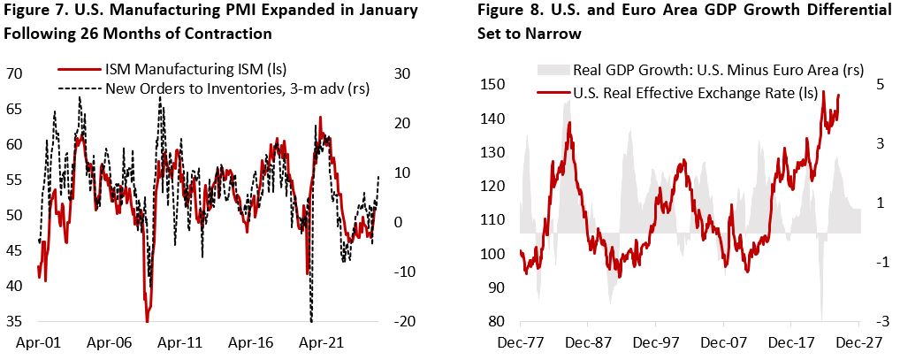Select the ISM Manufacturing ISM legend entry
pyautogui.click(x=196, y=68)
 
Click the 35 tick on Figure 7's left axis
pyautogui.click(x=14, y=321)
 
